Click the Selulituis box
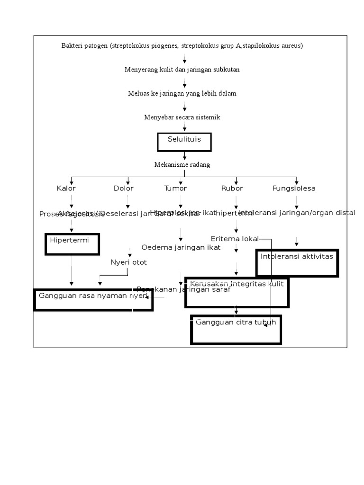(x=184, y=142)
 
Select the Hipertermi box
(x=72, y=244)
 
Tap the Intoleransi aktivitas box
(x=297, y=262)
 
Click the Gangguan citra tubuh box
(x=236, y=330)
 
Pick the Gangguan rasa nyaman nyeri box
(x=93, y=300)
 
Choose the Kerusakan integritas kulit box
(x=237, y=292)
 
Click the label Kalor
(x=66, y=189)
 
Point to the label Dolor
(x=124, y=189)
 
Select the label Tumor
(x=175, y=189)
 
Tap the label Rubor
(x=232, y=189)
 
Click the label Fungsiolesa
(x=294, y=189)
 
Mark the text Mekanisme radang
(x=182, y=165)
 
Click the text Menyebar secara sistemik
(x=182, y=117)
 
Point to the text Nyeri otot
(x=128, y=262)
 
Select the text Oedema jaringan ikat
(x=181, y=247)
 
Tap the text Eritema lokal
(x=235, y=239)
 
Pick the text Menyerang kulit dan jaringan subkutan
(x=182, y=70)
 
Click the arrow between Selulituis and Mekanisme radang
(x=184, y=156)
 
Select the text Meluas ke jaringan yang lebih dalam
(x=182, y=93)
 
